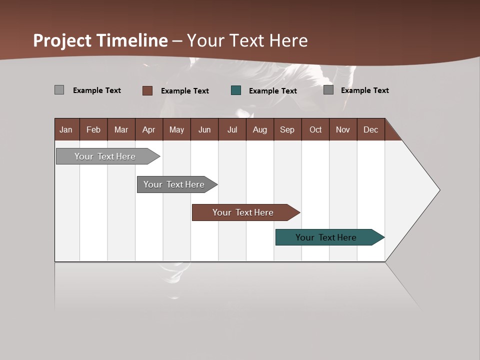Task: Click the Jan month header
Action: pos(66,129)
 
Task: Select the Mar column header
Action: pos(121,129)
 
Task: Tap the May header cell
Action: pos(176,129)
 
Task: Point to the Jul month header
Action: pos(232,129)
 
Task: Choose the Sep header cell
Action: pos(287,129)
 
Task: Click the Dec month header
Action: pos(370,129)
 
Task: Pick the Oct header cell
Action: pos(315,129)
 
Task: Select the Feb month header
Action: pos(93,129)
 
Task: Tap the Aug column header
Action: pos(259,129)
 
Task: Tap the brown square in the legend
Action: pos(147,90)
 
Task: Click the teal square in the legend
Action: pos(236,90)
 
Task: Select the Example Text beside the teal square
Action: pos(272,91)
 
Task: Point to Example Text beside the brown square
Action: pos(184,91)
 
